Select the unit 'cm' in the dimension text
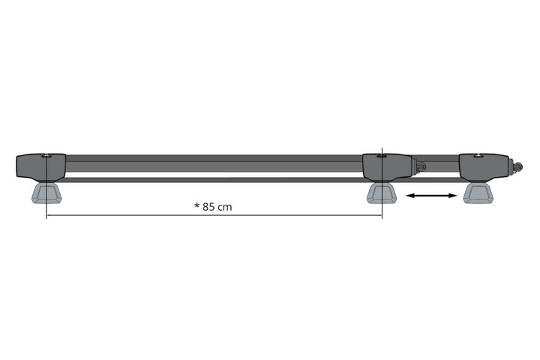tap(225, 208)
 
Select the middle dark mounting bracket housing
tap(386, 166)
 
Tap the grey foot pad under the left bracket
tap(46, 193)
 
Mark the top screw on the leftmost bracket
tap(46, 155)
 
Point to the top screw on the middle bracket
tap(382, 155)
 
